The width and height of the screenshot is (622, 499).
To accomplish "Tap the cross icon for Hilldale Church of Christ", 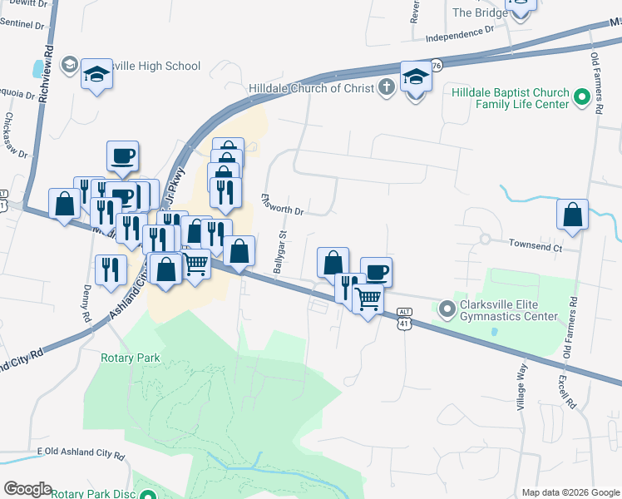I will point(386,87).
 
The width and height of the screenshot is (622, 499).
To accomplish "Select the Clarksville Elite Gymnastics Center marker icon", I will point(447,309).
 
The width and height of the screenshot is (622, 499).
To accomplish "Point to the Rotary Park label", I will point(130,358).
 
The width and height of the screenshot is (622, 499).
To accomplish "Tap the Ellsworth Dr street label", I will point(282,205).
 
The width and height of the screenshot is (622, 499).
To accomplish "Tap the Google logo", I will point(27,489).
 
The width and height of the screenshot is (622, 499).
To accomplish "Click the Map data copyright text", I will point(570,492).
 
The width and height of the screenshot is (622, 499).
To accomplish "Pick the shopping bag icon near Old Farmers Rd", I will point(572,214).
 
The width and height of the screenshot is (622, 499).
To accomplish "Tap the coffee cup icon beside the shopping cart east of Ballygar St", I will point(376,271).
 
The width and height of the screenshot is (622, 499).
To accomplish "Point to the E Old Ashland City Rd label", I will point(81,455).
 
